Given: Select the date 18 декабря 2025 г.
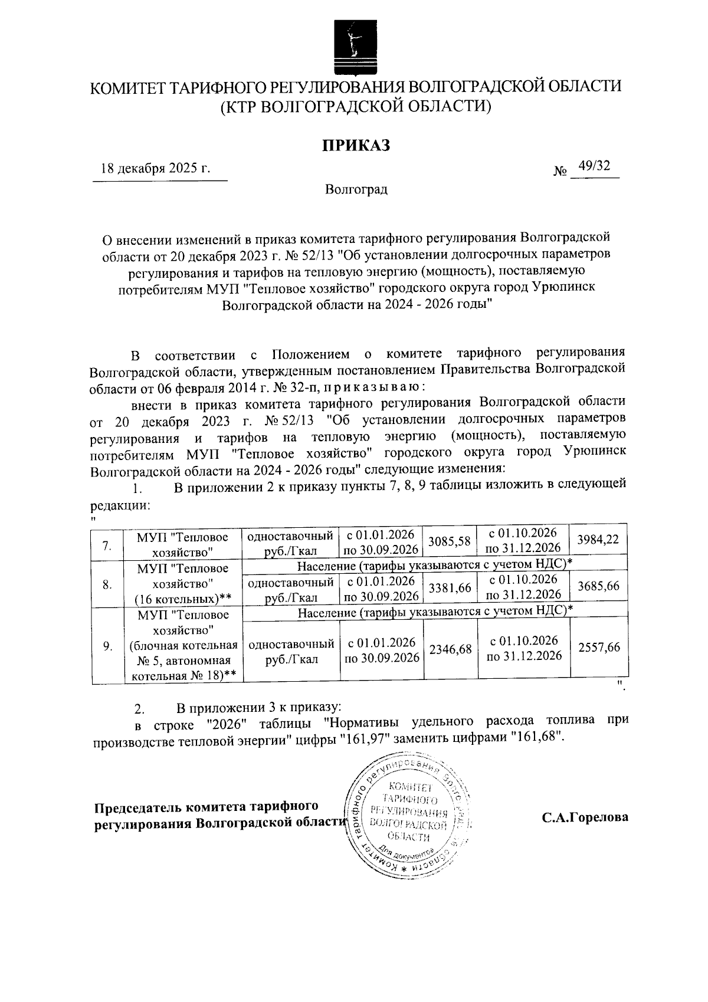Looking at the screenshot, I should [156, 168].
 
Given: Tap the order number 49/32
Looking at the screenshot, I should [594, 166].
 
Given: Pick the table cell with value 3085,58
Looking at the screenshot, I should [450, 540].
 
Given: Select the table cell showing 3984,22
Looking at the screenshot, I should [598, 539].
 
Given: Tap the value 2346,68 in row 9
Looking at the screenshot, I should [450, 649].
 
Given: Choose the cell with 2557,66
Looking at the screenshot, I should [598, 647].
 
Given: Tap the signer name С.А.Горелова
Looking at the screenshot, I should [585, 818].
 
